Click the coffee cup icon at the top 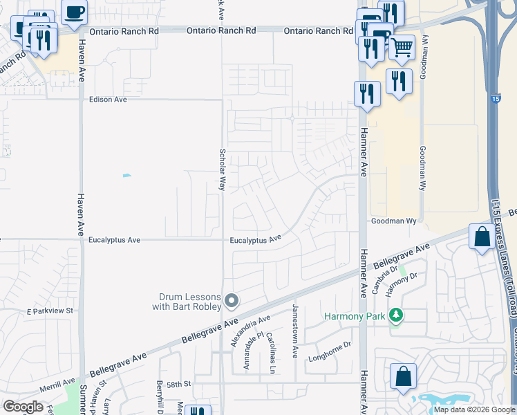pos(75,12)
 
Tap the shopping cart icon pos(402,47)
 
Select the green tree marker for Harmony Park pos(395,316)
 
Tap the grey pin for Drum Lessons pos(232,301)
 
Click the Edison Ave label pos(108,100)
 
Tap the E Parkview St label pos(50,312)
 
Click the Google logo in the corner pos(23,406)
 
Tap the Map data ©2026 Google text pos(473,409)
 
